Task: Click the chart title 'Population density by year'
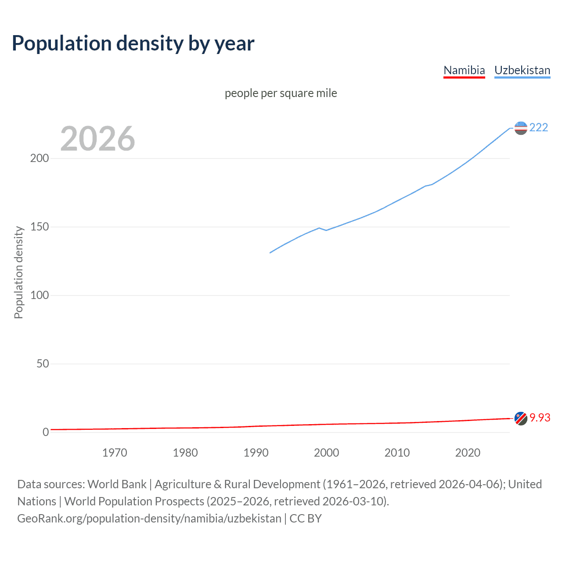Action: point(133,43)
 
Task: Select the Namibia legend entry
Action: point(464,70)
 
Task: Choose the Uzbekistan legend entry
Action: point(522,70)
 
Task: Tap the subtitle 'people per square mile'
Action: point(281,94)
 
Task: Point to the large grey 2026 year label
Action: point(97,139)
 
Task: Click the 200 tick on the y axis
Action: point(40,159)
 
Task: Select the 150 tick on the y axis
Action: point(40,227)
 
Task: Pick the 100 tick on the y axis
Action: point(40,295)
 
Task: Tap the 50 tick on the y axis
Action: point(43,364)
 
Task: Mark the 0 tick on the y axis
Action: point(46,432)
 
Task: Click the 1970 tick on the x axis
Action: point(115,453)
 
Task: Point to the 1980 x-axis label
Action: point(185,453)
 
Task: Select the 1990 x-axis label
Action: point(256,453)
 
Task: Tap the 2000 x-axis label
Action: point(326,453)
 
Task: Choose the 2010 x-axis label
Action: point(397,453)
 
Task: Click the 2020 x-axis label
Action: point(468,453)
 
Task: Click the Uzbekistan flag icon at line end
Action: point(520,128)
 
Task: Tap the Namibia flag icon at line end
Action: point(520,418)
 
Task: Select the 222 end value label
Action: point(538,128)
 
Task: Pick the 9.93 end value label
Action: point(540,418)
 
